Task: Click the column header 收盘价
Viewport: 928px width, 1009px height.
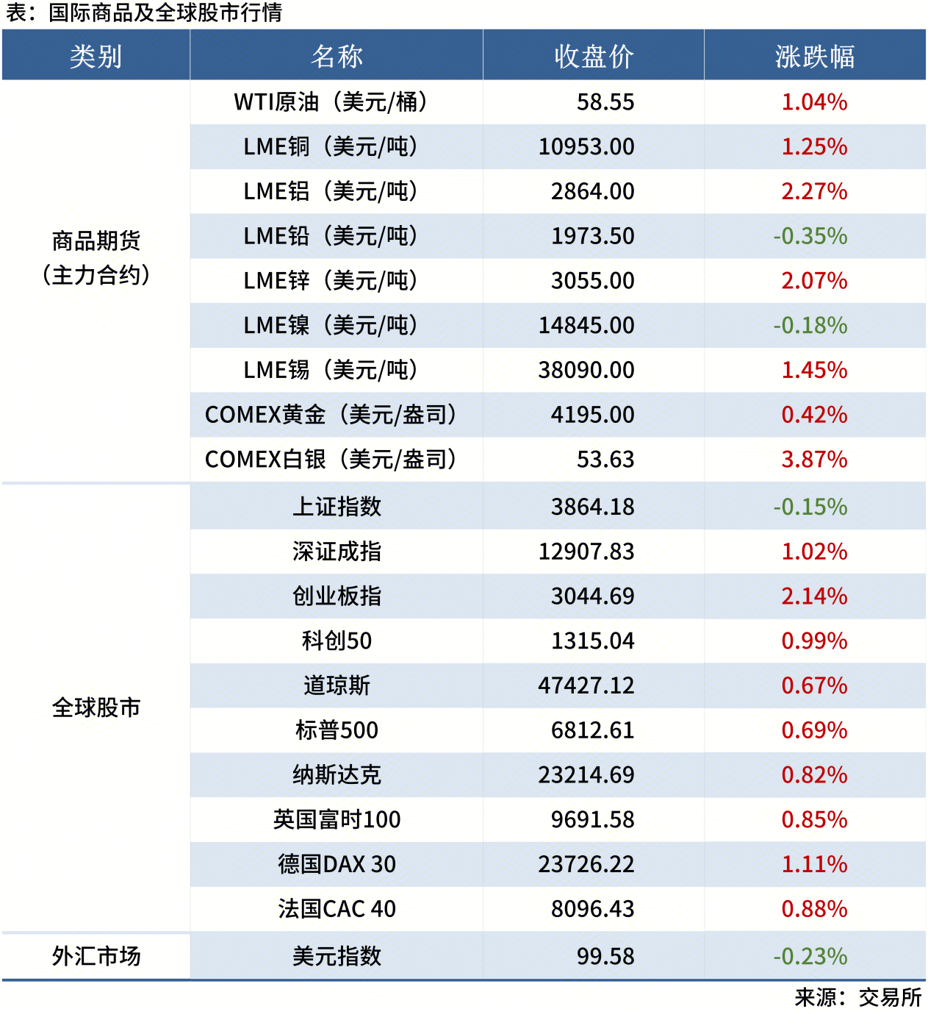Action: tap(594, 56)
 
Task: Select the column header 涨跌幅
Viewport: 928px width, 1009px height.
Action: tap(814, 56)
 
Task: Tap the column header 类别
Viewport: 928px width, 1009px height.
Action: tap(96, 56)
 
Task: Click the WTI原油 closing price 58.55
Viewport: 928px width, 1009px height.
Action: tap(605, 102)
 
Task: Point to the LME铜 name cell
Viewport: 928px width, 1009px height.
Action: tap(331, 147)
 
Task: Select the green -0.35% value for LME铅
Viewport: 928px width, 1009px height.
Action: tap(810, 236)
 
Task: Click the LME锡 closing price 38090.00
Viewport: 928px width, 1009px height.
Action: tap(586, 370)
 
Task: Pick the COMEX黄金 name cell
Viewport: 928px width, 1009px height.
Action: tap(331, 415)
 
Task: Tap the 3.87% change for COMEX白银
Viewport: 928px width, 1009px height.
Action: tap(814, 460)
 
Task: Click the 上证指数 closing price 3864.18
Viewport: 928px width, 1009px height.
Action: tap(592, 507)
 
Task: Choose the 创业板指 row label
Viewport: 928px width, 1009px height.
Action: tap(337, 596)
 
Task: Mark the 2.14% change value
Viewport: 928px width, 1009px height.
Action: tap(814, 596)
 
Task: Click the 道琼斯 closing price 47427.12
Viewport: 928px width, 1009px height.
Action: tap(586, 685)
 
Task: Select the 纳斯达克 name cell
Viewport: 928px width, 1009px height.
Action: tap(337, 775)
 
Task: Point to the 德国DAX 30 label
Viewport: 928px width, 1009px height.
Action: tap(337, 864)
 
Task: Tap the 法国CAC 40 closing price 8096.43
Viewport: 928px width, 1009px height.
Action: tap(592, 909)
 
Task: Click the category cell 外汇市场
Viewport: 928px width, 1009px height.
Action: tap(96, 956)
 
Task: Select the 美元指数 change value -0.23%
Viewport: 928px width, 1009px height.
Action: tap(810, 956)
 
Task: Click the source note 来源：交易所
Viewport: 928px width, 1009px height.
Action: tap(857, 996)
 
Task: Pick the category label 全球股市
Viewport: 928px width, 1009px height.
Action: tap(96, 707)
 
